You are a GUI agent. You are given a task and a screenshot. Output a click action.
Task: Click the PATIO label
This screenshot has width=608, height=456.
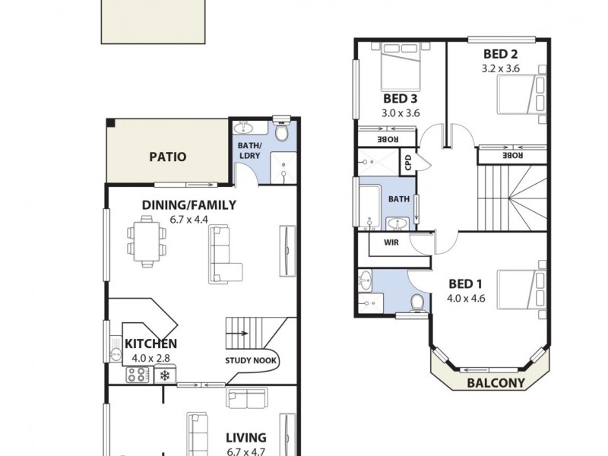(x=167, y=157)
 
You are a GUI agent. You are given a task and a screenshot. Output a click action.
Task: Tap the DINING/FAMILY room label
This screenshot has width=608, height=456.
(x=189, y=204)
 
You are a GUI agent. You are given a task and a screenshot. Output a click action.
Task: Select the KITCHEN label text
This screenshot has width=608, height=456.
(x=151, y=344)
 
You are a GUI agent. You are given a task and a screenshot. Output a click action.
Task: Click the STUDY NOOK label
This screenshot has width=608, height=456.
(x=251, y=360)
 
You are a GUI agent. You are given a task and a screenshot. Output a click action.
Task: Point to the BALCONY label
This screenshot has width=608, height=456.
(x=496, y=383)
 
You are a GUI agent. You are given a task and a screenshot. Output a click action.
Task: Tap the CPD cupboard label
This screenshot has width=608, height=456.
(x=408, y=161)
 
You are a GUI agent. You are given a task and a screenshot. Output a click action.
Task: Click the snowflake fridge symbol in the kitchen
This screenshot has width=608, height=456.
(x=164, y=374)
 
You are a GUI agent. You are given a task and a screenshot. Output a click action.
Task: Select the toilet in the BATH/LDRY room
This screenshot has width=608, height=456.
(x=281, y=132)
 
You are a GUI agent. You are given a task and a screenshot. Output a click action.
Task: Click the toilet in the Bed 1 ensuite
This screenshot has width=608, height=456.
(x=416, y=303)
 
